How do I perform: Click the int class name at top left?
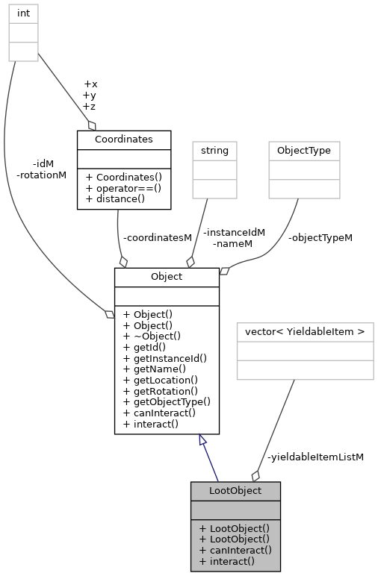tap(23, 13)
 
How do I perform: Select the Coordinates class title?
tap(123, 139)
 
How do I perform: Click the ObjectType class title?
tap(304, 150)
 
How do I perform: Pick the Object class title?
tap(166, 276)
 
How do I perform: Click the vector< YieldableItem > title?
tap(305, 331)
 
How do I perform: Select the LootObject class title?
tap(235, 490)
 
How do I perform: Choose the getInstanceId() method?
tap(164, 358)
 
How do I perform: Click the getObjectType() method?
tap(167, 401)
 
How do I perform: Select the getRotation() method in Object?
tap(161, 390)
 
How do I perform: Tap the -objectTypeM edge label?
tap(320, 237)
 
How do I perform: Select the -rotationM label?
tap(41, 175)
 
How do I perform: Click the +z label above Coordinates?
tap(90, 107)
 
